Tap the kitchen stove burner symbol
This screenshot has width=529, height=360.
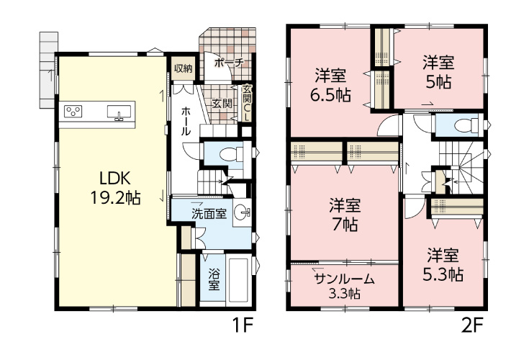[x=73, y=111]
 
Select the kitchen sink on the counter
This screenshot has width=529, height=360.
[x=119, y=112]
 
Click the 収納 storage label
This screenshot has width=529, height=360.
[x=183, y=68]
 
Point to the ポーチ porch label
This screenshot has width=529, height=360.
[x=229, y=63]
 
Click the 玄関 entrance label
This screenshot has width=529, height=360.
[x=221, y=102]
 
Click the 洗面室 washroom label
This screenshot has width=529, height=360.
[x=209, y=214]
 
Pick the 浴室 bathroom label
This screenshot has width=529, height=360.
[x=214, y=278]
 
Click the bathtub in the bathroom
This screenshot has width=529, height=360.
[x=239, y=281]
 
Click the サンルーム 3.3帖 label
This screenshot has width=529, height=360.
[x=343, y=286]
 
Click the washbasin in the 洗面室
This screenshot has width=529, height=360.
[x=245, y=212]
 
